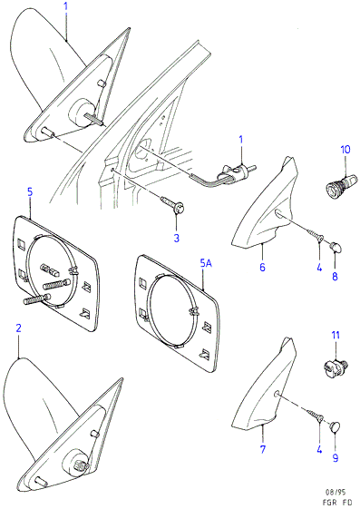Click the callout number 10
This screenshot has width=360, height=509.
click(345, 150)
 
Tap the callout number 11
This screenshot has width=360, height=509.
click(336, 335)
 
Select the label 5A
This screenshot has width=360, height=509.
click(206, 264)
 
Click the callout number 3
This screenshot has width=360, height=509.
click(177, 238)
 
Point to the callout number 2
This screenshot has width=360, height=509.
click(18, 328)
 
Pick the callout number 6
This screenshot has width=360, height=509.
click(262, 267)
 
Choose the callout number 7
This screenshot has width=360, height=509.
click(263, 449)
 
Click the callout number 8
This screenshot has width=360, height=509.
click(335, 276)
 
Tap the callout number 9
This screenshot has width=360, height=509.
click(336, 457)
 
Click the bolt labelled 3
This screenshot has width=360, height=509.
click(173, 203)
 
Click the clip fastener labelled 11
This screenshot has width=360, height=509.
click(336, 367)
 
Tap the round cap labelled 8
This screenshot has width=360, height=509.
click(336, 248)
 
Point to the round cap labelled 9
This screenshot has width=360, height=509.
click(336, 426)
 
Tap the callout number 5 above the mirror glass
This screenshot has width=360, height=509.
click(30, 191)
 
